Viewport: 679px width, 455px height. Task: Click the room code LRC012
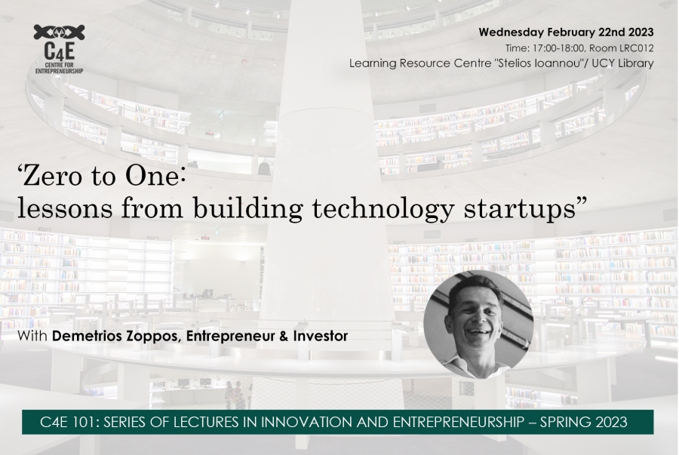click(x=637, y=48)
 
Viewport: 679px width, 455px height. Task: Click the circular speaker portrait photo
click(x=478, y=324)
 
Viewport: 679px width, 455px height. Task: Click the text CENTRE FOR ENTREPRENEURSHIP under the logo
click(x=59, y=68)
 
